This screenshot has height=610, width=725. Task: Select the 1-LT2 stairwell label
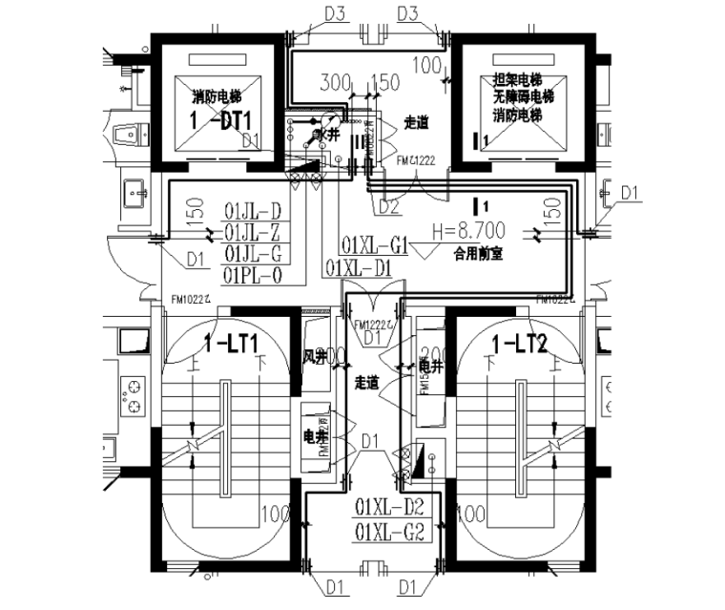coord(518,345)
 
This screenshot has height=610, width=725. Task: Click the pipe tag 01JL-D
coord(253,211)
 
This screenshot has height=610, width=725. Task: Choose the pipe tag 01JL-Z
coord(253,232)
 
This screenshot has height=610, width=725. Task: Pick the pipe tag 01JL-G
coord(253,254)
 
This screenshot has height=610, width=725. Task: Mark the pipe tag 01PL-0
coord(253,275)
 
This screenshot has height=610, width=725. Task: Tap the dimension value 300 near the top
coord(335,82)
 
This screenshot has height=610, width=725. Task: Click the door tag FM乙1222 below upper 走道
coord(416,161)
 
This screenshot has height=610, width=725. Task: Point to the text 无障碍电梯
coord(523,97)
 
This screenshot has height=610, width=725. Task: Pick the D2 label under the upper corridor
coord(388,203)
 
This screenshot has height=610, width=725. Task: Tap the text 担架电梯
coord(517,81)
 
